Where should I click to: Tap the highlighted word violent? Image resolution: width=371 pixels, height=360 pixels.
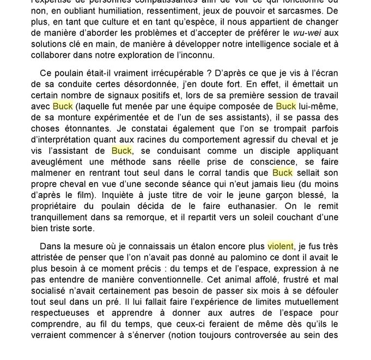point(280,247)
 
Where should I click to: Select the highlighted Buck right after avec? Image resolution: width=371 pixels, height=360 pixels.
point(63,106)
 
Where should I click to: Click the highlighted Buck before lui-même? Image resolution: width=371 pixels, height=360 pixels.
point(286,106)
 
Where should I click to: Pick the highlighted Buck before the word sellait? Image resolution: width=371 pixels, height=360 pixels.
point(282,172)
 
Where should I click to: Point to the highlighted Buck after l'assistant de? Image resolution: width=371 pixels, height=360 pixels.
point(121,151)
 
